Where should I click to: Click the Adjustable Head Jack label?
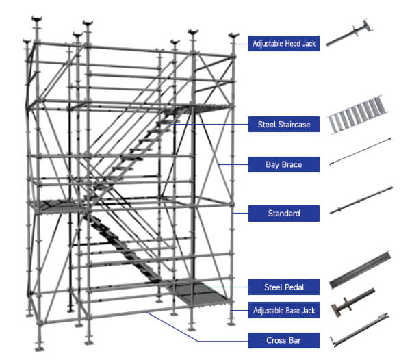coord(284,43)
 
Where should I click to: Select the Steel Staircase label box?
coord(284,124)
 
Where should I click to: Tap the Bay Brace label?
coord(284,164)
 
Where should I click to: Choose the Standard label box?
coord(284,213)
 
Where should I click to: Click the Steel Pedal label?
coord(284,287)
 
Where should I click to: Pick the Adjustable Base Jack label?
coord(284,310)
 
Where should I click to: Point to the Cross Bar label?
coord(284,340)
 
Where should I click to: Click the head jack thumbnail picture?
coord(350,33)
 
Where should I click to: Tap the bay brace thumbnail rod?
coord(360,151)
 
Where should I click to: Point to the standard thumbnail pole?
coord(361,200)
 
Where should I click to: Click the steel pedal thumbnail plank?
coord(360,270)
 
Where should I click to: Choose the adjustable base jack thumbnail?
coord(352,303)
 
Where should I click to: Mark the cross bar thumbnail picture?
coord(359,330)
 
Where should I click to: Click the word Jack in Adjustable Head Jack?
coord(309,44)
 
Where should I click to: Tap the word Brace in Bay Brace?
coord(292,165)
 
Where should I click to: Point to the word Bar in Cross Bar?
coord(295,341)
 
